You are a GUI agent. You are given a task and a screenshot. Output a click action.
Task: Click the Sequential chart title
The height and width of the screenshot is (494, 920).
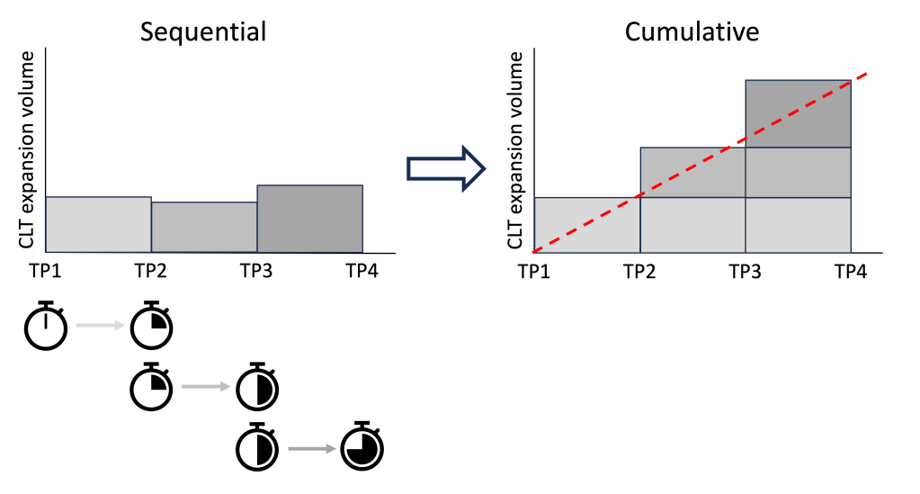pyautogui.click(x=203, y=32)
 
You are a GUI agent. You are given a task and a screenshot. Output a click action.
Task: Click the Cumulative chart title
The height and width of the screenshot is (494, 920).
pyautogui.click(x=692, y=32)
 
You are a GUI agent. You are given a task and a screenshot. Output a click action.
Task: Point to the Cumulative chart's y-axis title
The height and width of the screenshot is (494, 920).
pyautogui.click(x=515, y=152)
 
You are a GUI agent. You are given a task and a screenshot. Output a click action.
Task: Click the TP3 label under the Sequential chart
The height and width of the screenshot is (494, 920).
pyautogui.click(x=256, y=270)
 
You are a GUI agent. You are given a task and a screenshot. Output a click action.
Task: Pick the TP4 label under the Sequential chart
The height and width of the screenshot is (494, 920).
pyautogui.click(x=362, y=270)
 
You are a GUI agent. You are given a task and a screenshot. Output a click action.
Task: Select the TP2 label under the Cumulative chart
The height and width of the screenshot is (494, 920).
pyautogui.click(x=639, y=270)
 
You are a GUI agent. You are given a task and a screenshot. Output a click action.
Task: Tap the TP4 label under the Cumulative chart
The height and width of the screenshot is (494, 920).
pyautogui.click(x=850, y=270)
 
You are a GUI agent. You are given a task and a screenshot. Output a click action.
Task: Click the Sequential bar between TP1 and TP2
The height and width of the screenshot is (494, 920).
pyautogui.click(x=98, y=224)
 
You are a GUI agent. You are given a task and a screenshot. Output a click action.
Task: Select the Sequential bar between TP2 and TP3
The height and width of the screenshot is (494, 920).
pyautogui.click(x=204, y=227)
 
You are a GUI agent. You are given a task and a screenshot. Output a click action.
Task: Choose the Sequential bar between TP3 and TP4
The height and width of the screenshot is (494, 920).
pyautogui.click(x=310, y=219)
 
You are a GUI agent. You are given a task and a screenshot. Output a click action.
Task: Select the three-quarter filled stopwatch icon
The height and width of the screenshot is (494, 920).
pyautogui.click(x=362, y=446)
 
